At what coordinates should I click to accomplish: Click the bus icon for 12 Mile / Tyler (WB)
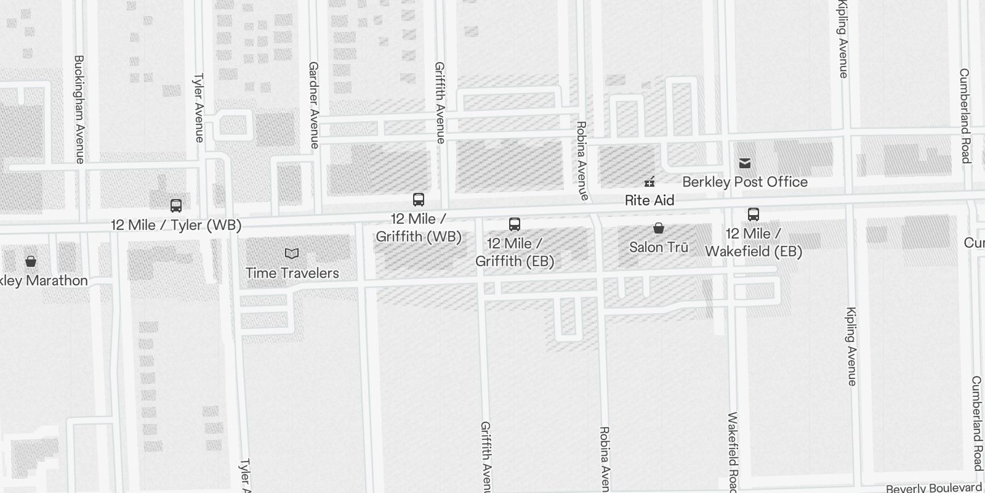click(x=176, y=206)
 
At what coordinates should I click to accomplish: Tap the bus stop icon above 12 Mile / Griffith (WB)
click(x=419, y=200)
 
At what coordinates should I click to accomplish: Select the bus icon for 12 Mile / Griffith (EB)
click(x=515, y=224)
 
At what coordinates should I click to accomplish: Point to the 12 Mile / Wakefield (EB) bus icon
click(x=754, y=214)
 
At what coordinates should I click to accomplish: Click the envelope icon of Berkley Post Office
click(x=745, y=163)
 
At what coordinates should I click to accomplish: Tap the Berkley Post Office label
click(x=745, y=182)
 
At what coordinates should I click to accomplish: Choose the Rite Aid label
click(x=649, y=200)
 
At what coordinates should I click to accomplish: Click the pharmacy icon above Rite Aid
click(x=649, y=182)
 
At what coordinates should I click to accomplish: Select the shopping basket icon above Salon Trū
click(x=659, y=229)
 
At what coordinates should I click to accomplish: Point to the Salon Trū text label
click(x=659, y=247)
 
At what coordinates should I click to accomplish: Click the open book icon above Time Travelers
click(x=292, y=253)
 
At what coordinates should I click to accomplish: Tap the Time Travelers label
click(x=292, y=273)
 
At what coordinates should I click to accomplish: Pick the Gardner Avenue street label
click(x=314, y=105)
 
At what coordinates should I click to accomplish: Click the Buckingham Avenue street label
click(x=79, y=109)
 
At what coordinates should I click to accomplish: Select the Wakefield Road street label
click(x=733, y=453)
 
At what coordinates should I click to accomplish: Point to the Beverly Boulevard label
click(x=934, y=488)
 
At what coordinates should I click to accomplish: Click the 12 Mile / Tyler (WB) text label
click(x=176, y=225)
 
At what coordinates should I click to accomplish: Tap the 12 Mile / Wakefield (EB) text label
click(x=754, y=242)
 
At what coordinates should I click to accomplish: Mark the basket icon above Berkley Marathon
click(x=31, y=261)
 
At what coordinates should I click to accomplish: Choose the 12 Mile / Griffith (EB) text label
click(x=515, y=252)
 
